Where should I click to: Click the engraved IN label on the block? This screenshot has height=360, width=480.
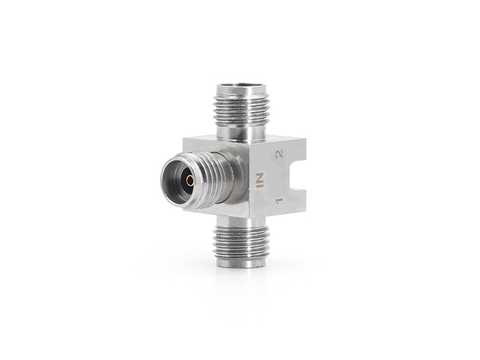260,180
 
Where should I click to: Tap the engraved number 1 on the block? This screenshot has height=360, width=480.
279,201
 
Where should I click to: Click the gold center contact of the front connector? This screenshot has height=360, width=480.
190,181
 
